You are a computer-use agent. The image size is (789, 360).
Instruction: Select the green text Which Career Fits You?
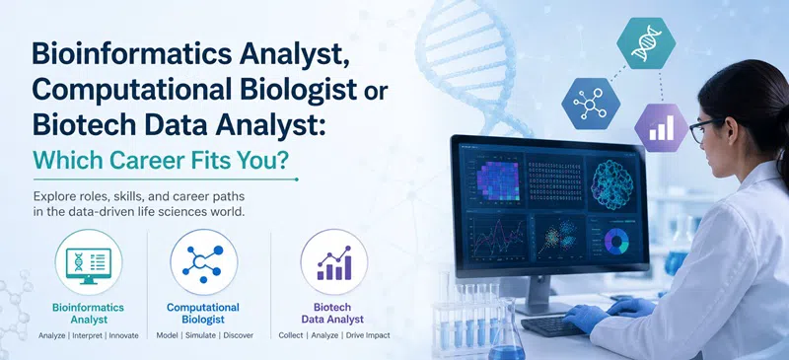click(x=161, y=159)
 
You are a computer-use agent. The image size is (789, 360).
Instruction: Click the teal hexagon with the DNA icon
click(x=646, y=43)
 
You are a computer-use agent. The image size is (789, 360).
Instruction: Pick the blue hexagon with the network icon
click(x=591, y=104)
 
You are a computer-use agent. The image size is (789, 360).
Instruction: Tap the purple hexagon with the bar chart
click(x=661, y=127)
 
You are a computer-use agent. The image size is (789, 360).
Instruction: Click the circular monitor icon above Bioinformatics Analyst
click(x=89, y=262)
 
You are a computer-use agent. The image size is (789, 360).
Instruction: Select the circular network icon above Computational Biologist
click(x=204, y=262)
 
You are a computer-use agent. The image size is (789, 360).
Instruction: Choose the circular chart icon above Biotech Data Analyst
click(x=334, y=262)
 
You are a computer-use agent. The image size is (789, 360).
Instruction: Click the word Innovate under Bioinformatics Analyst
click(x=124, y=335)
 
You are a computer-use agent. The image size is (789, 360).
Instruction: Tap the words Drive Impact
click(x=368, y=335)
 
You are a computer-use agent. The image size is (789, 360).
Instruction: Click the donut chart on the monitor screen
click(x=616, y=242)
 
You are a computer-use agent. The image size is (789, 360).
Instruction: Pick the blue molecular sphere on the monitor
click(x=611, y=184)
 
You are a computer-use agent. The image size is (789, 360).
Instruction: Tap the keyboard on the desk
click(x=554, y=325)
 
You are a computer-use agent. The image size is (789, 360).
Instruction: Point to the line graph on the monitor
click(x=497, y=237)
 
